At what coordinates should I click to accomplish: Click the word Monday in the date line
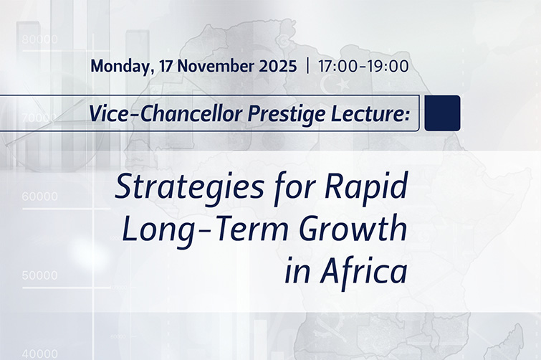pos(117,67)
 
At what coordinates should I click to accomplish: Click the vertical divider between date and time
pos(307,67)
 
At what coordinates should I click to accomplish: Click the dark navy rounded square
pos(442,113)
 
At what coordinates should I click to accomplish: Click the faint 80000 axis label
pos(39,39)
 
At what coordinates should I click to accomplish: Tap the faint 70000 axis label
pos(39,116)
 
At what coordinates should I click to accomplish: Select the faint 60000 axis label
pos(39,196)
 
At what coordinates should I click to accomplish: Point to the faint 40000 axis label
pos(39,353)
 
